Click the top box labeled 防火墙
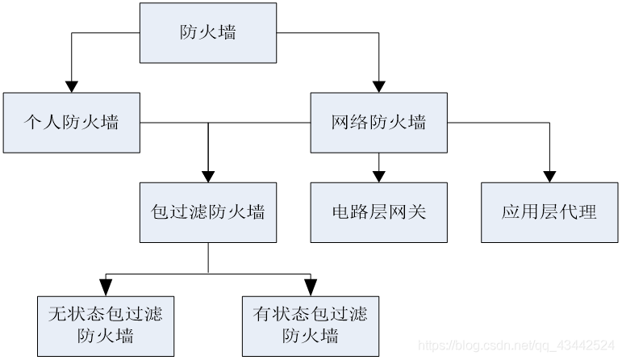coord(207,33)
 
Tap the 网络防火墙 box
coord(378,123)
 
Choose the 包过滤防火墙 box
coord(208,212)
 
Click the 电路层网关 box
coord(378,212)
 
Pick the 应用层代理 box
coord(549,212)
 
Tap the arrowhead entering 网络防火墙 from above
coord(378,85)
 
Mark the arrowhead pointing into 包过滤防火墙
coord(208,175)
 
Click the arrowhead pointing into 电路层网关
coord(378,175)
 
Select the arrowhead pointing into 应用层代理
coord(549,175)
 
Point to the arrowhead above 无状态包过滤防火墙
coord(106,287)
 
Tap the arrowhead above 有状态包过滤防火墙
coord(310,287)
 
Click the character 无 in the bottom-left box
coord(56,313)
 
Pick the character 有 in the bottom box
coord(260,313)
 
